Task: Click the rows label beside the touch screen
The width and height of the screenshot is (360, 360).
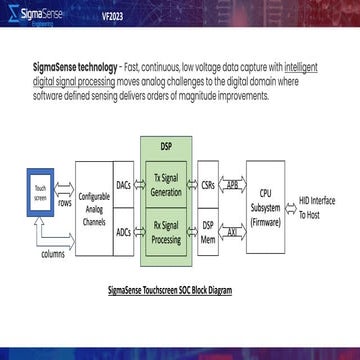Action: coord(65,203)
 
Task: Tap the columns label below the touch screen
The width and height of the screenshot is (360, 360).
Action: coord(53,255)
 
